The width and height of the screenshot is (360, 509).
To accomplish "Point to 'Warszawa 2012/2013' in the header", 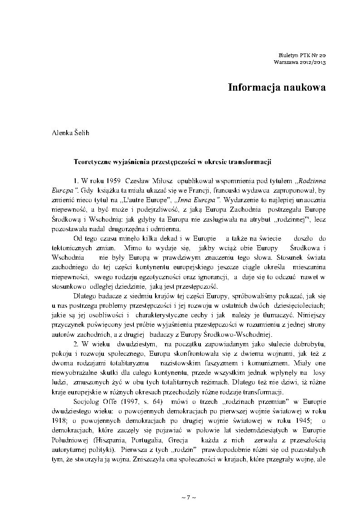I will (x=300, y=61).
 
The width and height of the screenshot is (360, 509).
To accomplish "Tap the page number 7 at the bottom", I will (x=188, y=497).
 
